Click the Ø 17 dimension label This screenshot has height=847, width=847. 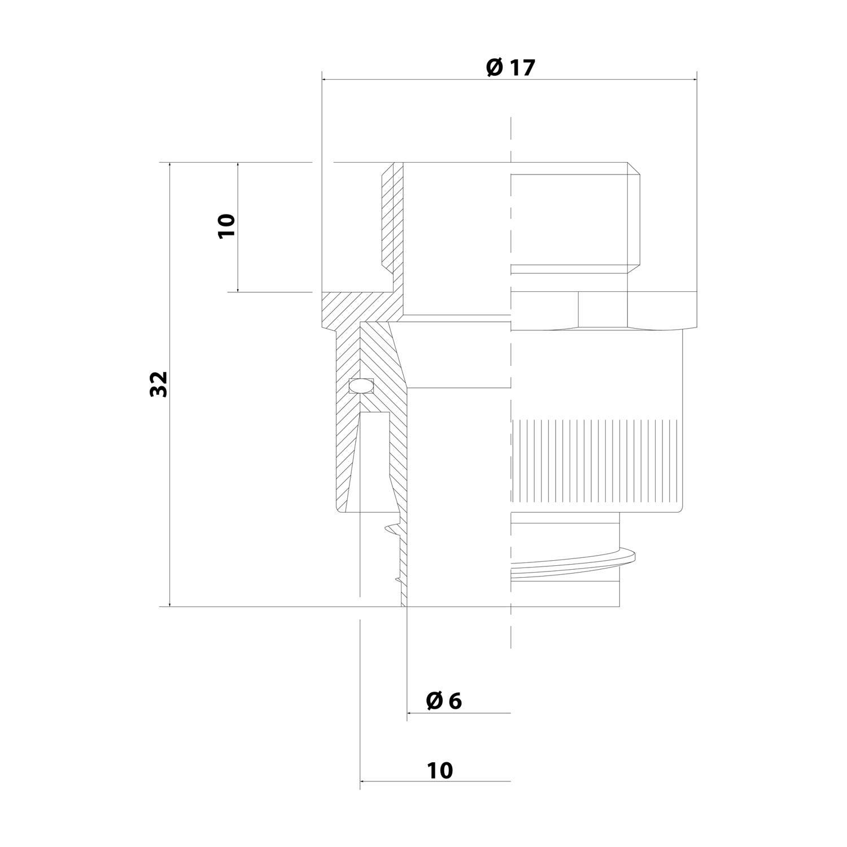(x=509, y=68)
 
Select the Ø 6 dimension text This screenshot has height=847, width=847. (x=444, y=701)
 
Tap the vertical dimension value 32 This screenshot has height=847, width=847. (x=160, y=384)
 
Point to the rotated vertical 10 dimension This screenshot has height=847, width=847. (x=226, y=226)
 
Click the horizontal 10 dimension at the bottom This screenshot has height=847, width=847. (x=440, y=770)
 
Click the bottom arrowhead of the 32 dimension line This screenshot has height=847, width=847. (x=169, y=604)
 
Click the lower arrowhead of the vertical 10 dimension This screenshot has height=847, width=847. (x=238, y=289)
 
